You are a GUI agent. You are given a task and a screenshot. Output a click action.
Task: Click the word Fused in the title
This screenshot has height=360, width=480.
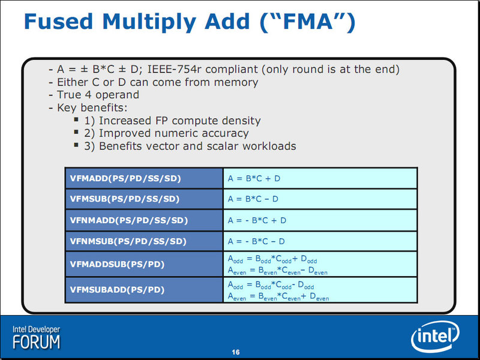pos(58,22)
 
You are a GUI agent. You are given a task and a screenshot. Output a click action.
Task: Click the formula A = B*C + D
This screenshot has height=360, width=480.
pos(254,178)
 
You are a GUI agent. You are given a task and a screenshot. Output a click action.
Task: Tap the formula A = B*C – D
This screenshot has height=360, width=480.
pos(253,199)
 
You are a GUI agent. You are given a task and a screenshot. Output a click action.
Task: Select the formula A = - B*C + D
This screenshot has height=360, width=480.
pos(257,220)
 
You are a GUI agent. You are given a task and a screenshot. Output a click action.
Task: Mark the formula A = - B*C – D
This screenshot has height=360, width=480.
pos(256,241)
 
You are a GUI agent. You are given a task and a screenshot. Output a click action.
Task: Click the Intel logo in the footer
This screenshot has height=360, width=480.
pos(434,336)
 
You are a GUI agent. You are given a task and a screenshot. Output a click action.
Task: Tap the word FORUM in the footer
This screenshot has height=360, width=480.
pos(37,342)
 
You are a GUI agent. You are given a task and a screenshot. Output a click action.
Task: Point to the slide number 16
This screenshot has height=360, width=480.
pos(236,352)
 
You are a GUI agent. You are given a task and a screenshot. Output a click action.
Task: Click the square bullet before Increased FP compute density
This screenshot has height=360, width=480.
pos(76,119)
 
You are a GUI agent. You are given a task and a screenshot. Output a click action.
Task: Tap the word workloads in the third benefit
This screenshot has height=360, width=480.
pos(269,146)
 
